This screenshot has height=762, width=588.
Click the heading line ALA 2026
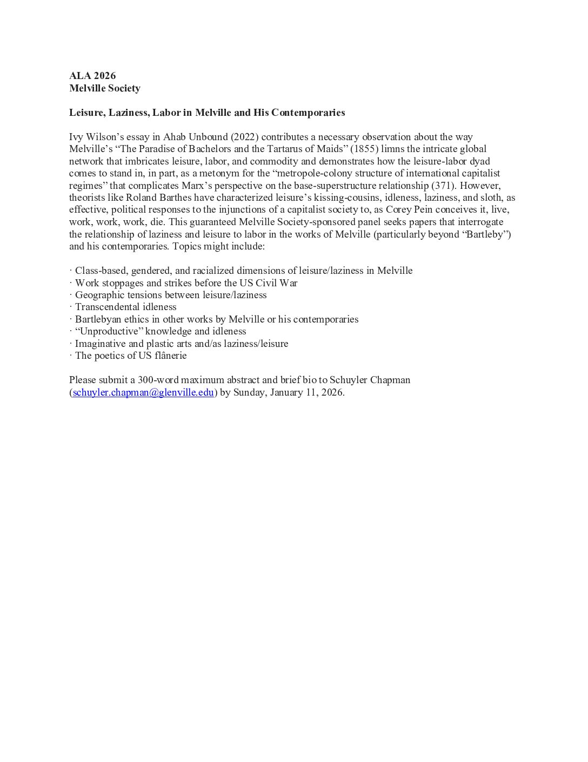[92, 76]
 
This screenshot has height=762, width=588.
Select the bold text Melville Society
[105, 88]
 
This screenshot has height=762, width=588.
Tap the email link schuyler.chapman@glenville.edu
[143, 392]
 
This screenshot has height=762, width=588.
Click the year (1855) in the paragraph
[364, 149]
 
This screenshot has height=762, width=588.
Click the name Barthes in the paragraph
[175, 198]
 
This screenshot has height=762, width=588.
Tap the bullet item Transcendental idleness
[125, 307]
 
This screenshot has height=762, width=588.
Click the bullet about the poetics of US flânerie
[131, 356]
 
